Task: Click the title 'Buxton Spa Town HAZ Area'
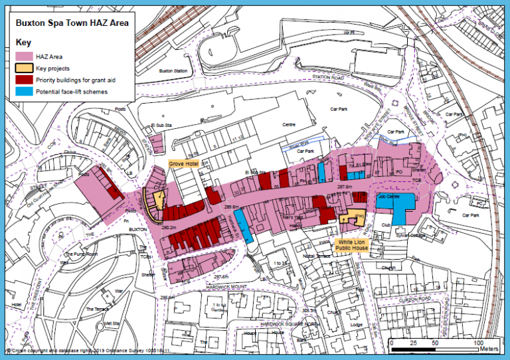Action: click(x=72, y=21)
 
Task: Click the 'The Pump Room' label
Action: click(x=81, y=254)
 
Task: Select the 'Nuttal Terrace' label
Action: click(x=315, y=255)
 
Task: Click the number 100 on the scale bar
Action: click(x=477, y=342)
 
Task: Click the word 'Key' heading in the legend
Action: click(x=23, y=42)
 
